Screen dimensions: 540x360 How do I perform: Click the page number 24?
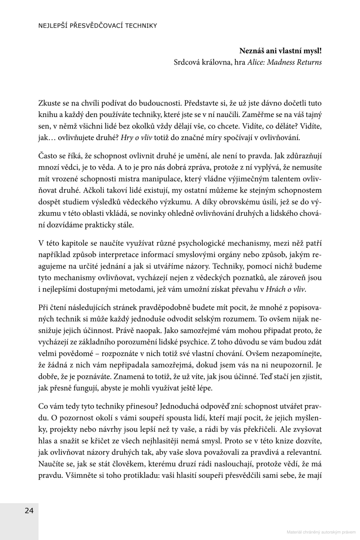29,511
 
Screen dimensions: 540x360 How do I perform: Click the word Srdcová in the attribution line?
185,62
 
